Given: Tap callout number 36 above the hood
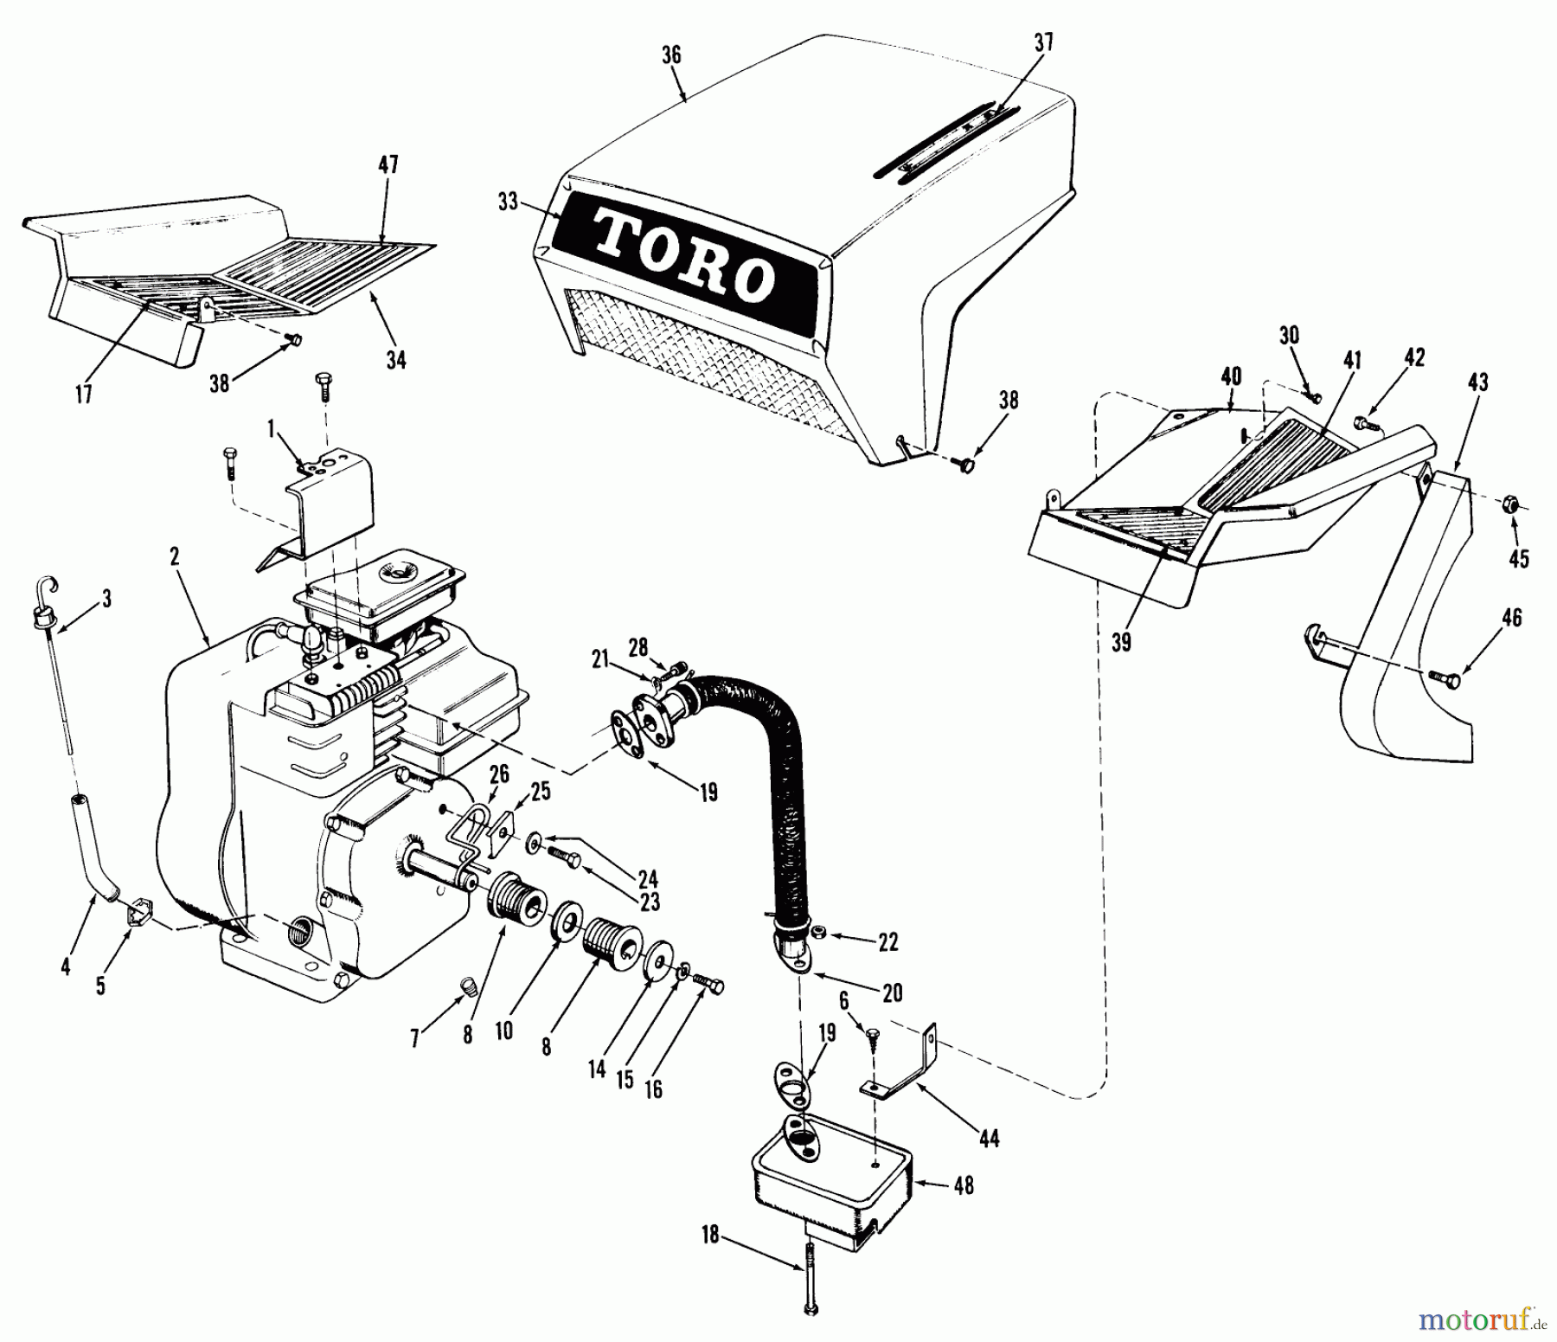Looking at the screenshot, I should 671,55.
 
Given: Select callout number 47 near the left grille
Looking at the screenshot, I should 388,165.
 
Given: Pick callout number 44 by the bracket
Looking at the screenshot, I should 989,1139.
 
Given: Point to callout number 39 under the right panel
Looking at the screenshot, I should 1121,641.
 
